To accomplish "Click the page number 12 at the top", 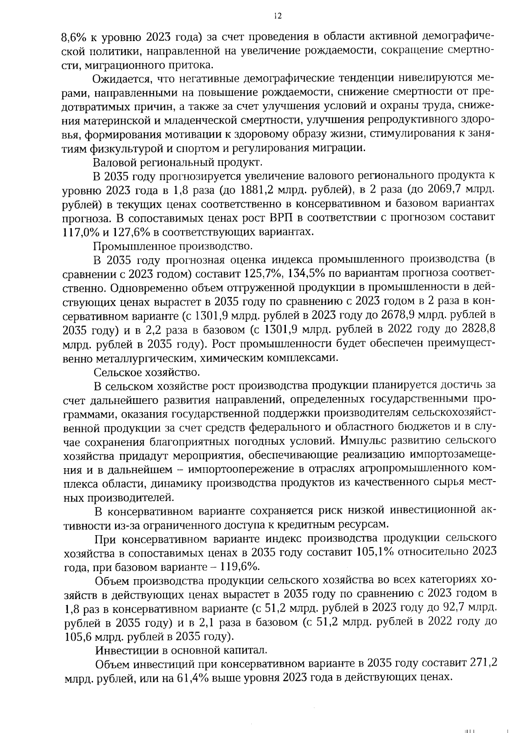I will click(278, 16).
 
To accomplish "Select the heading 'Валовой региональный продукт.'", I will click(177, 162).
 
